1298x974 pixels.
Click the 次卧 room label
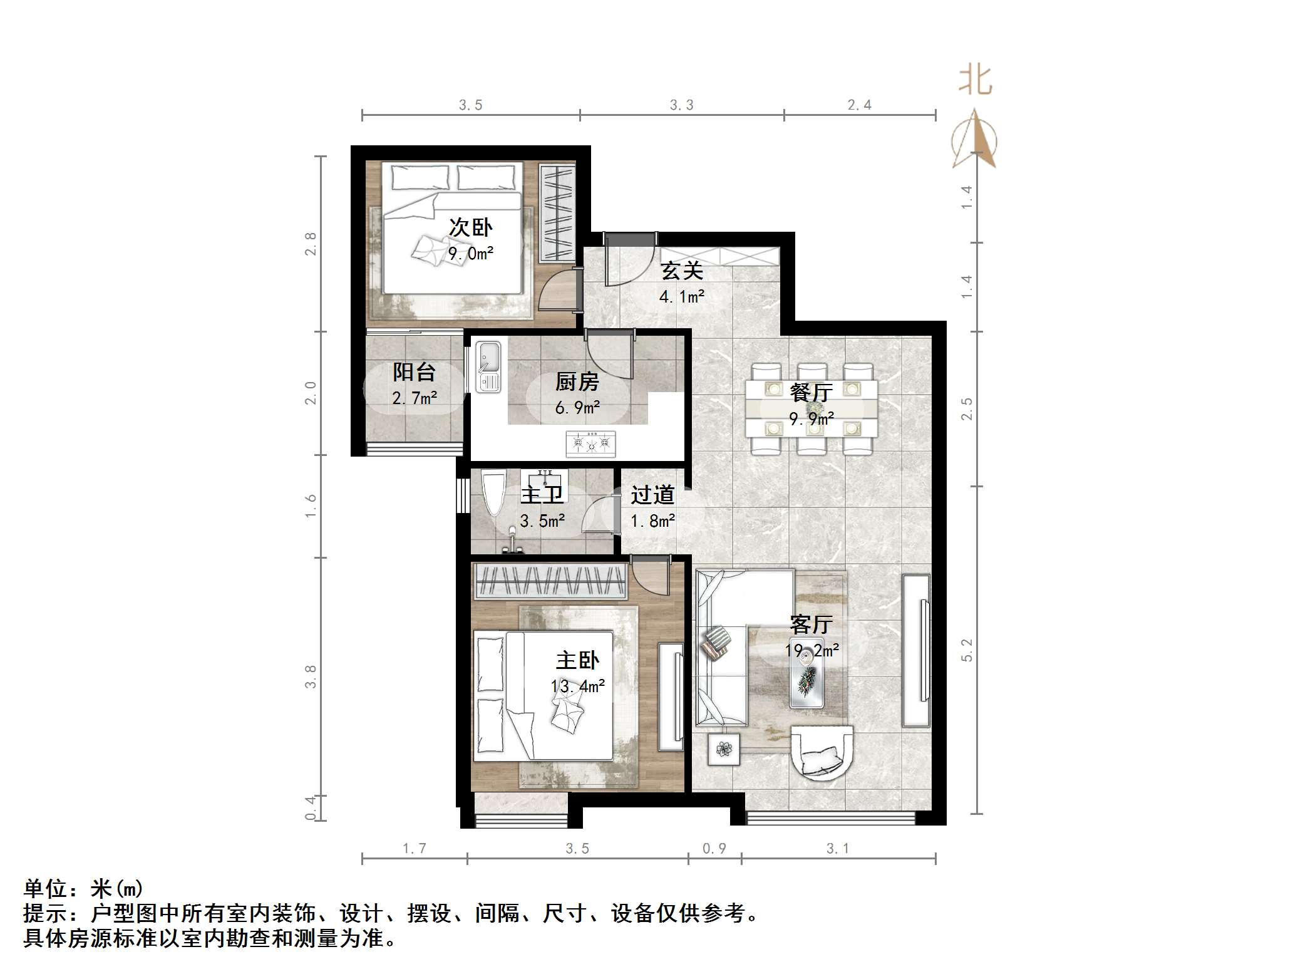click(x=470, y=227)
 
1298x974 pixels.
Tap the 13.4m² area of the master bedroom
click(x=577, y=686)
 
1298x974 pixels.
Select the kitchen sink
click(x=488, y=366)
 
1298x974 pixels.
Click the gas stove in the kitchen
click(x=590, y=443)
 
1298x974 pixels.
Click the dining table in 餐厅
click(x=811, y=408)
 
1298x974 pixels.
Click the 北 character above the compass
click(x=976, y=81)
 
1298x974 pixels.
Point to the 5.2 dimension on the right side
click(x=967, y=650)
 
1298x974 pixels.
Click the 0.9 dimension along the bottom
click(x=714, y=848)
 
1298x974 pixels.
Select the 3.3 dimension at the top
click(x=681, y=105)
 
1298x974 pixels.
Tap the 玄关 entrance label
click(x=682, y=271)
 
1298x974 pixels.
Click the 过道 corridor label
click(x=652, y=495)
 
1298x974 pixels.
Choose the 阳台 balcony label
click(x=414, y=372)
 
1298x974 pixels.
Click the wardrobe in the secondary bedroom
click(x=557, y=212)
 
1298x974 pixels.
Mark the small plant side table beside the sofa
click(x=724, y=749)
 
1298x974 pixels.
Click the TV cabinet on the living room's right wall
click(x=916, y=650)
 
